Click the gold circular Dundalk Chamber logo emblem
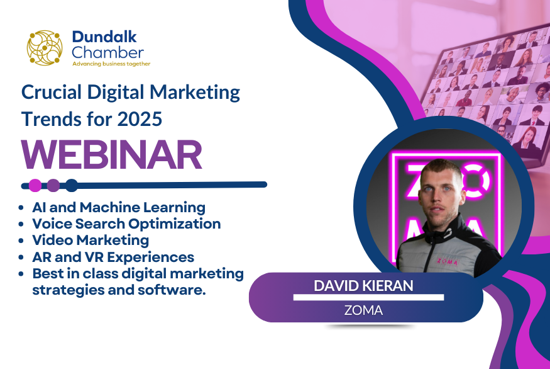click(45, 48)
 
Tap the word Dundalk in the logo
click(104, 37)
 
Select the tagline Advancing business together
click(111, 64)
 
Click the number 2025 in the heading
click(140, 119)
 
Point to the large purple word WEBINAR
click(111, 155)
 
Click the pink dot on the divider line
click(35, 185)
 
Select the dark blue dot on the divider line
click(72, 185)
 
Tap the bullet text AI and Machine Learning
click(119, 207)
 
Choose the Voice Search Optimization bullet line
click(126, 224)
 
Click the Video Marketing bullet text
click(91, 241)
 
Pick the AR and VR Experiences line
click(113, 257)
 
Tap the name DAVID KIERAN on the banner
click(363, 286)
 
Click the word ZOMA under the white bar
click(363, 310)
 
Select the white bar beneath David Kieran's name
click(368, 298)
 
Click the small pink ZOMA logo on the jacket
click(447, 262)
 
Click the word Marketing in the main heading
click(195, 93)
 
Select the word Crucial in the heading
click(52, 92)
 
